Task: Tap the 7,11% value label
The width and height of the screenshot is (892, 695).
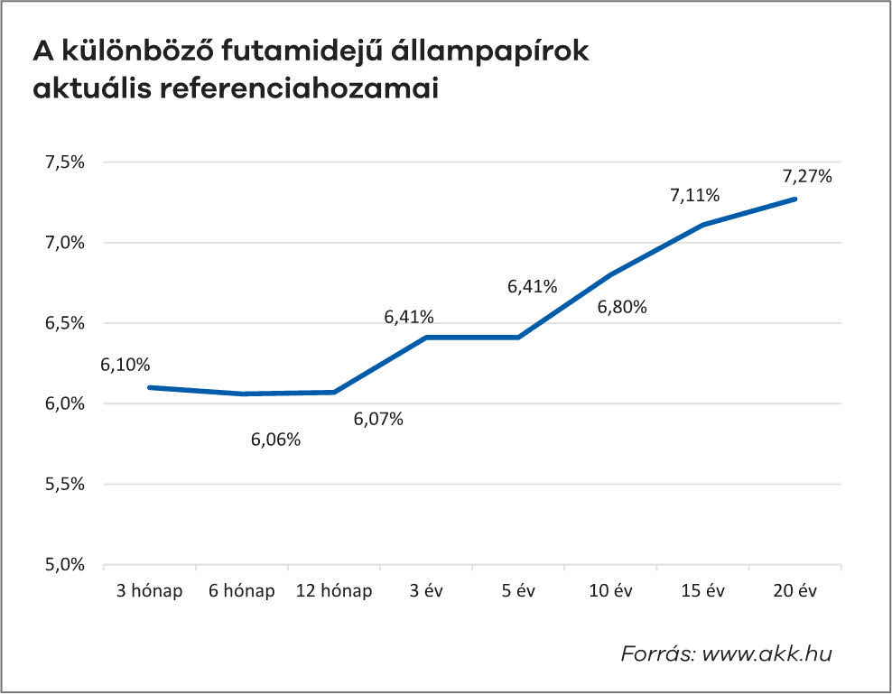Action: coord(694,195)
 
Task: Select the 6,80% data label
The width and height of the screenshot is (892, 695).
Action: coord(622,307)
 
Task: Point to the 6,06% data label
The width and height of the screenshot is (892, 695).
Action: coord(276,440)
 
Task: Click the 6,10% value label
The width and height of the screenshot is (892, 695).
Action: coord(125,366)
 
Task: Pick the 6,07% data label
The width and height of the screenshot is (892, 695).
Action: coord(378,419)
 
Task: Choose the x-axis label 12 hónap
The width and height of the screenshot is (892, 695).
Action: coord(334,591)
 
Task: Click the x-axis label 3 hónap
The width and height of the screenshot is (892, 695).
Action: coord(150,591)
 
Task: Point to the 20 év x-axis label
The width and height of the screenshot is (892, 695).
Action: coord(795,591)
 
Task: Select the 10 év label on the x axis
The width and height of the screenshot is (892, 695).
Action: coord(611,591)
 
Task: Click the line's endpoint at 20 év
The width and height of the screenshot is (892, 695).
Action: coord(795,199)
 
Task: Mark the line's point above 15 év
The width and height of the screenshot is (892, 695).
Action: coord(703,225)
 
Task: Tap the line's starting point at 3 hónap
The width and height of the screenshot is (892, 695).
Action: coord(150,387)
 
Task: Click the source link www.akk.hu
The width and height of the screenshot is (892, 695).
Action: coord(768,653)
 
